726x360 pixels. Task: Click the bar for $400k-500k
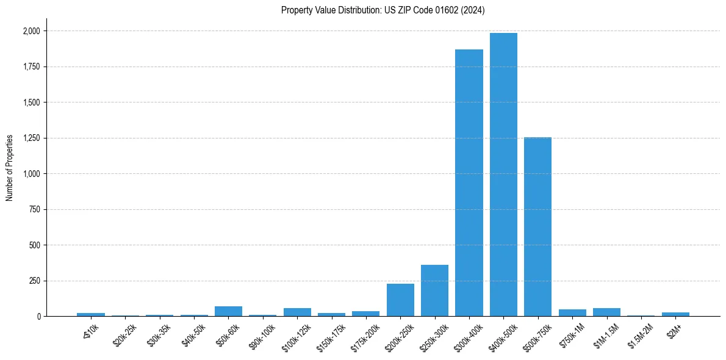pyautogui.click(x=503, y=175)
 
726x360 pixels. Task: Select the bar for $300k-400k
pyautogui.click(x=469, y=183)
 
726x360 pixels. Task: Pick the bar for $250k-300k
pyautogui.click(x=434, y=290)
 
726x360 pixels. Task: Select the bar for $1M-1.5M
pyautogui.click(x=606, y=312)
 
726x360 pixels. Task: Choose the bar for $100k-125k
pyautogui.click(x=297, y=312)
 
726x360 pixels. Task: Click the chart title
pyautogui.click(x=383, y=10)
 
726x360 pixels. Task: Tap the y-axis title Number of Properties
pyautogui.click(x=10, y=168)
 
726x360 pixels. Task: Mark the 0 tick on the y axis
pyautogui.click(x=39, y=317)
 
